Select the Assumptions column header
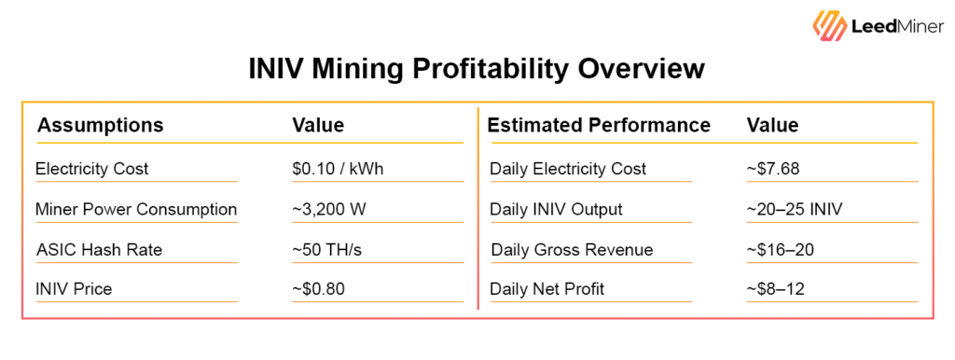click(x=100, y=125)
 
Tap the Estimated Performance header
click(x=599, y=125)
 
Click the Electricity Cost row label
click(x=91, y=169)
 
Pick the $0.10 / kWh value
click(x=338, y=169)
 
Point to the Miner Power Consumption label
click(x=136, y=209)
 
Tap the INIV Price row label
click(x=74, y=289)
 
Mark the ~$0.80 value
click(x=319, y=289)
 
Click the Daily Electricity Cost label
click(x=568, y=169)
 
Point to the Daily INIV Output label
click(x=556, y=209)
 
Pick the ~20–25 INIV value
click(x=795, y=209)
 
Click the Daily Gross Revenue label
click(x=572, y=249)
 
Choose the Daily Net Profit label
click(x=547, y=289)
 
